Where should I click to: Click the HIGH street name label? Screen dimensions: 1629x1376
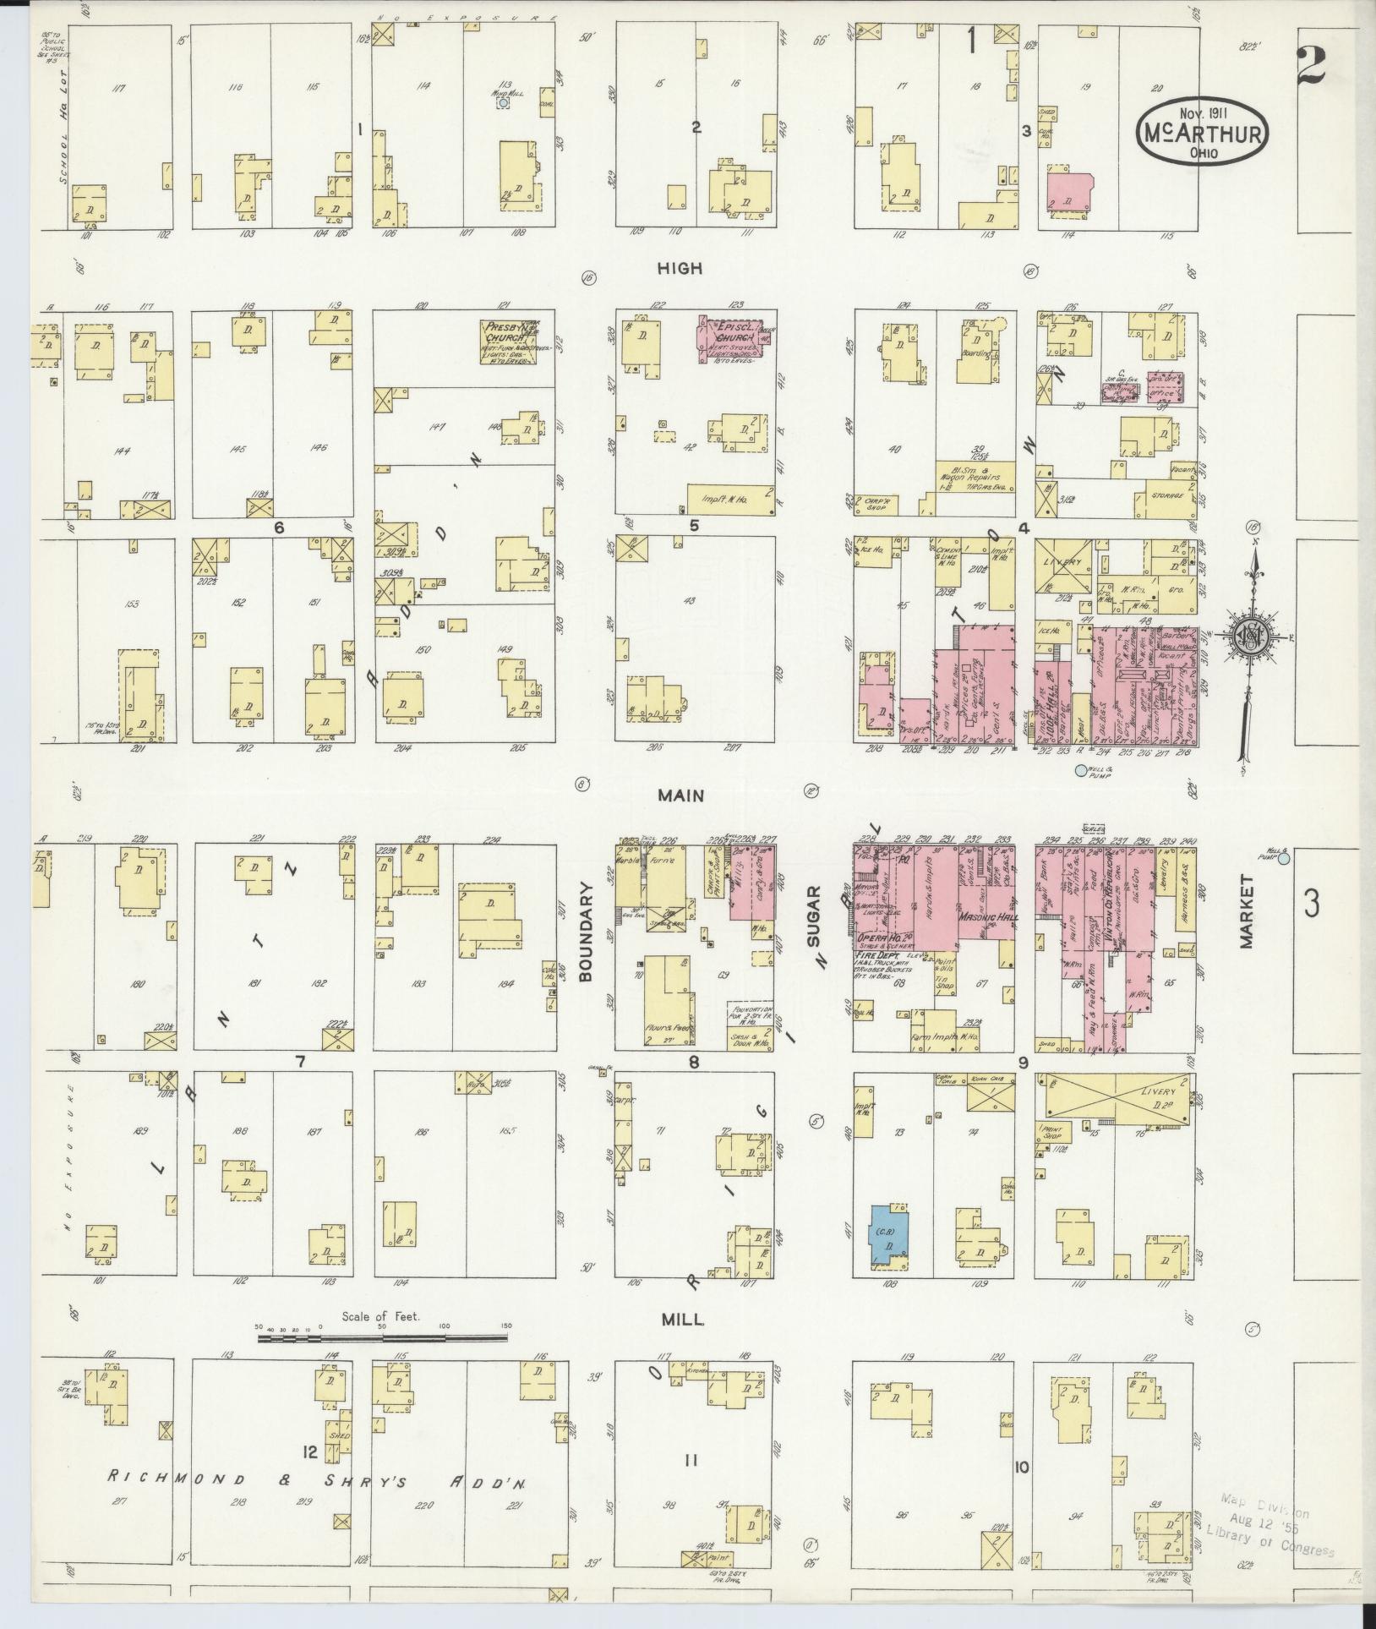point(680,268)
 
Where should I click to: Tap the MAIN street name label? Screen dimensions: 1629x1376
point(683,795)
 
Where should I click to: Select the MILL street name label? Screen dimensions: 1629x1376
point(684,1319)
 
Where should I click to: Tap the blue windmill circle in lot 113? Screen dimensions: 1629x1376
point(503,102)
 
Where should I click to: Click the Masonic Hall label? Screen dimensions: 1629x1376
point(989,916)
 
